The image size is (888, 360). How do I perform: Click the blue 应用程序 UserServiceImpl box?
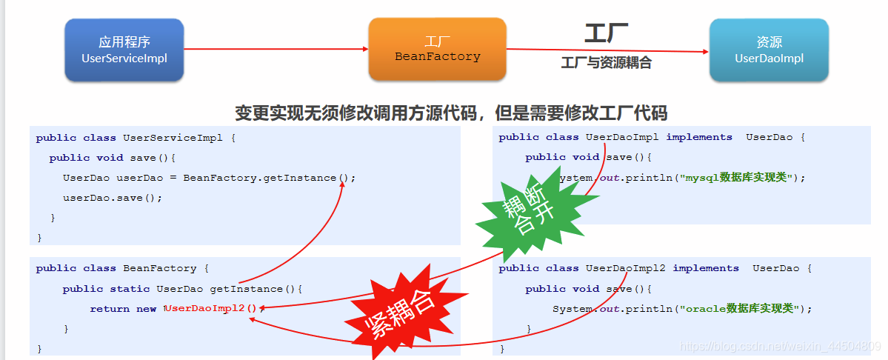pos(124,50)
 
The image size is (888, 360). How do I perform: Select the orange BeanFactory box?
pos(437,49)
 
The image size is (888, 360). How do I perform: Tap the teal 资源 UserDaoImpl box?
pos(768,50)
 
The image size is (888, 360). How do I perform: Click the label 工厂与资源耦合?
pos(606,63)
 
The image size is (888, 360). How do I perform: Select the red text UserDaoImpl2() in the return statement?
pos(213,308)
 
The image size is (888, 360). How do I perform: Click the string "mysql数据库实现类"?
pos(741,178)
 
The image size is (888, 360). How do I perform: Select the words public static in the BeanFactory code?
pos(106,289)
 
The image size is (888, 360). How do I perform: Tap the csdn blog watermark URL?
pos(779,347)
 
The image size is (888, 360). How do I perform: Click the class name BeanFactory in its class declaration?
pos(160,268)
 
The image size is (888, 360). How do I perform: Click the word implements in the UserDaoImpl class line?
pos(699,137)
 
